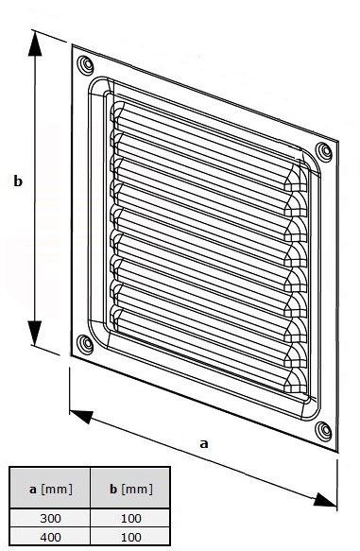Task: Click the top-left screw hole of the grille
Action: point(85,65)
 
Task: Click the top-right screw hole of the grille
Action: point(323,152)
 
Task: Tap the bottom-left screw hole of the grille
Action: point(85,344)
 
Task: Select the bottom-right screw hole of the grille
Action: point(323,431)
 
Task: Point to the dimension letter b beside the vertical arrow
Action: point(18,181)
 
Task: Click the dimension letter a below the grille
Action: point(204,444)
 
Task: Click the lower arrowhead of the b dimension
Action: point(35,333)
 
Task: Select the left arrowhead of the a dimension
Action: point(81,416)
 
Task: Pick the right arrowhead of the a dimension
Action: point(324,500)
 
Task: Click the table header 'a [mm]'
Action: point(51,490)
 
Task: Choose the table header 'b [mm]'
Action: point(131,490)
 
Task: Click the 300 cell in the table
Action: point(50,518)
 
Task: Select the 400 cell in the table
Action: point(50,537)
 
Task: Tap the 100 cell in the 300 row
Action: point(130,518)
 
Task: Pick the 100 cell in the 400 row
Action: point(130,537)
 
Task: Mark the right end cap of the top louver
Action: point(295,179)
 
